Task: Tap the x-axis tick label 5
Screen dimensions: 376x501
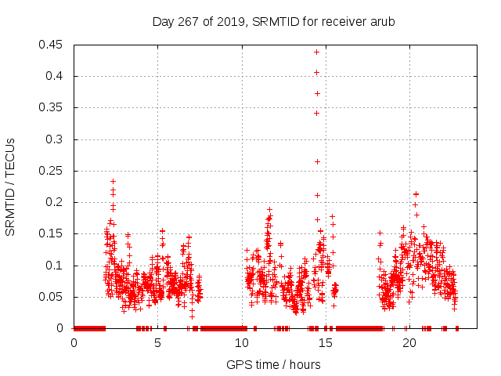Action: (x=158, y=343)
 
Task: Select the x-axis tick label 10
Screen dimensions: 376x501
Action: (x=242, y=343)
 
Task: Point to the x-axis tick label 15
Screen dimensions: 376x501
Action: (x=326, y=343)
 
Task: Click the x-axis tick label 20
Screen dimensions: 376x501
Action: (x=409, y=343)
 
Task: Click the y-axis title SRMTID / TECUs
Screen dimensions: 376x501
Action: (x=11, y=186)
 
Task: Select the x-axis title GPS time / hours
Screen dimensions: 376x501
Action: (x=273, y=364)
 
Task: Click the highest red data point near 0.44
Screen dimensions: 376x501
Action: (x=316, y=52)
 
